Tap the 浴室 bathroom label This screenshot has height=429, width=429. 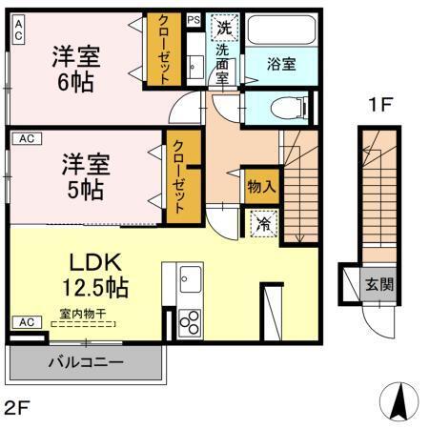click(281, 64)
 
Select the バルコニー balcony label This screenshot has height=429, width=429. click(85, 362)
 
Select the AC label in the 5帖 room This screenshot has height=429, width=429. click(27, 139)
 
